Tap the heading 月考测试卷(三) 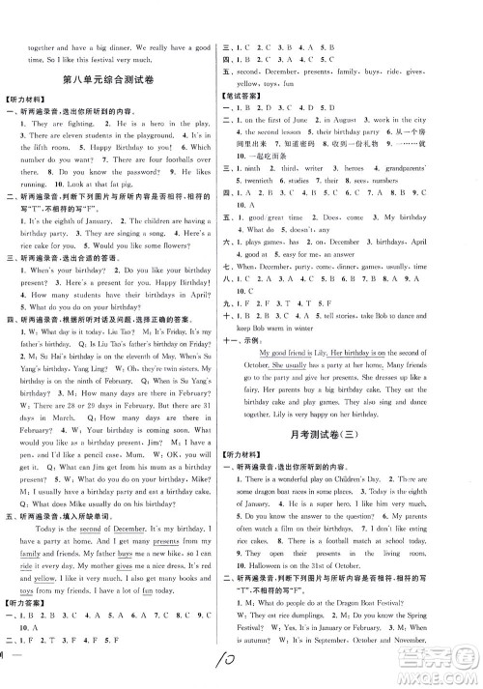(x=355, y=461)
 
